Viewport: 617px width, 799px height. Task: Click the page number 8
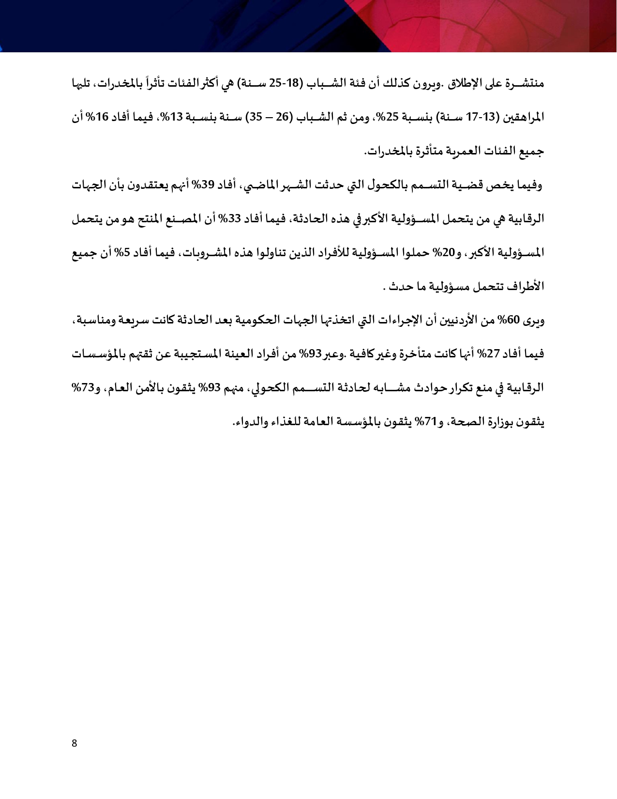point(74,743)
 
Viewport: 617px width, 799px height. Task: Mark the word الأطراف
point(527,286)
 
